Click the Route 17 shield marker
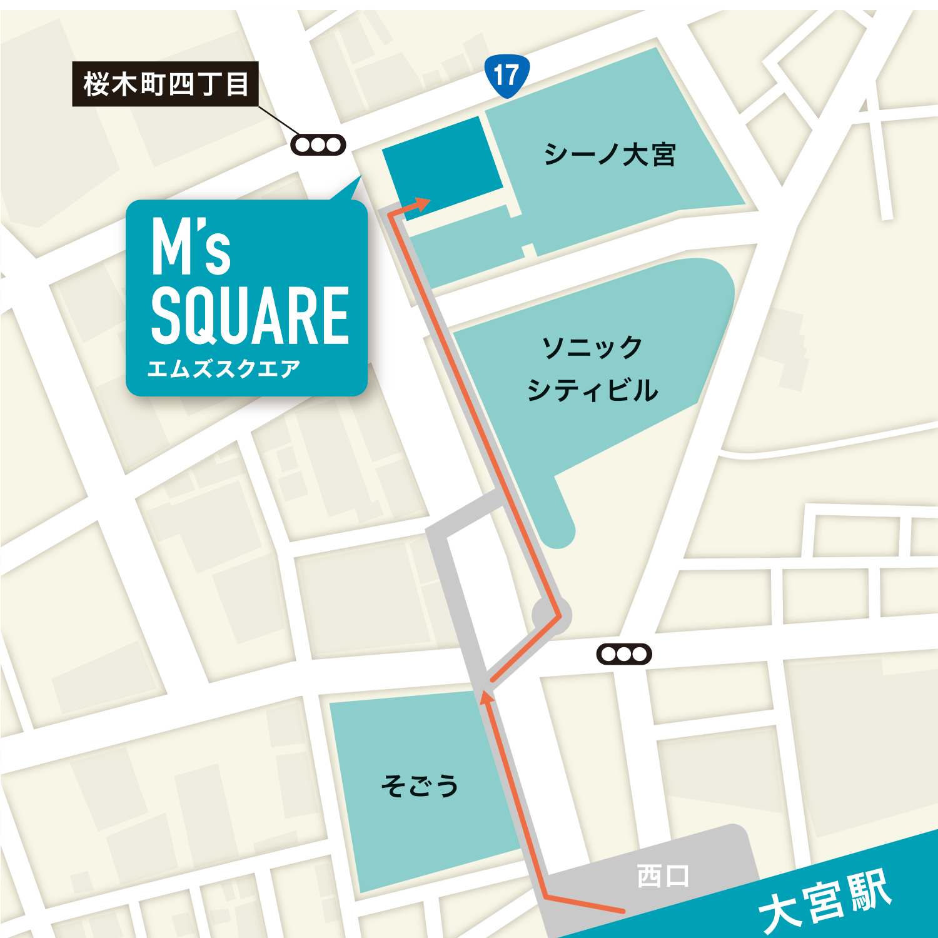point(507,76)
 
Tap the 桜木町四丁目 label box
point(166,84)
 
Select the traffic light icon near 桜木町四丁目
point(318,145)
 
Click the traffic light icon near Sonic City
point(624,654)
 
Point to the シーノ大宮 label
point(610,154)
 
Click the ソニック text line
point(592,347)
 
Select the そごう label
point(420,785)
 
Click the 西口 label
point(663,875)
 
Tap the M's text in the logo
point(191,248)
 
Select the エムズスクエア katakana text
point(224,368)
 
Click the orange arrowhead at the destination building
point(423,203)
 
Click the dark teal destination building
point(443,164)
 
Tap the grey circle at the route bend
point(552,615)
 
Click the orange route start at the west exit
point(622,910)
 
